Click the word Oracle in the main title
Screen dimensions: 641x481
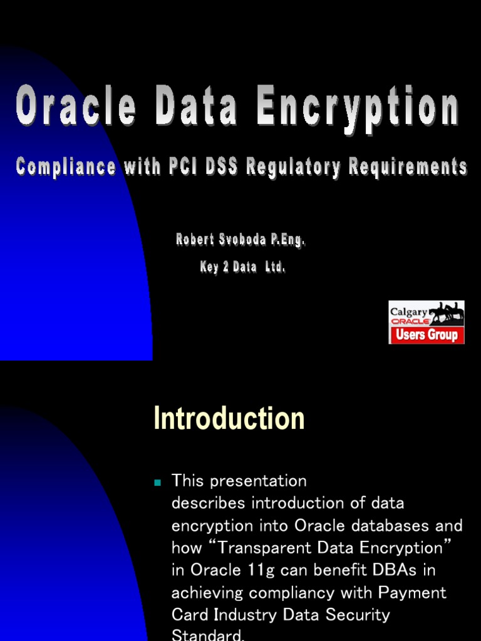click(x=76, y=108)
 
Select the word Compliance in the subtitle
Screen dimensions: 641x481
click(x=66, y=167)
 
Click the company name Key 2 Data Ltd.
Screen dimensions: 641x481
click(x=242, y=267)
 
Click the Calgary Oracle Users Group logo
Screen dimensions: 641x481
click(x=427, y=322)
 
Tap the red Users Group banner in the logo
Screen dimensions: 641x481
click(x=427, y=335)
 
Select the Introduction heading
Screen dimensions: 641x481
click(x=229, y=419)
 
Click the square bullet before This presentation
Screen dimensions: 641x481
click(x=158, y=482)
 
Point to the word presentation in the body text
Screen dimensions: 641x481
click(x=259, y=481)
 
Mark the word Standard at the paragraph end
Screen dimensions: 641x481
click(x=207, y=635)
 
